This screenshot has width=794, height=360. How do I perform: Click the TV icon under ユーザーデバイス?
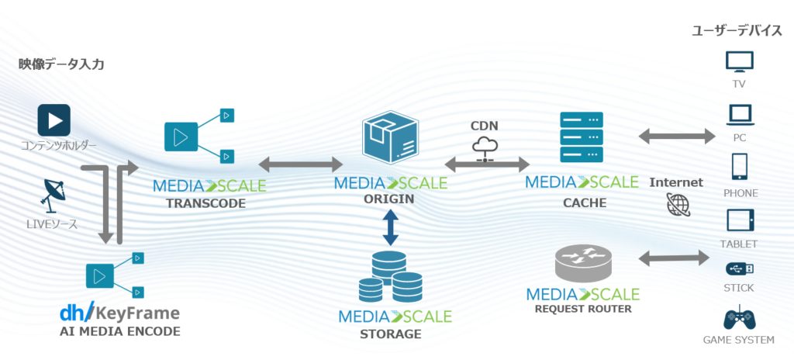point(739,62)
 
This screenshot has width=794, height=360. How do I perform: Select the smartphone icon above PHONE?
point(739,168)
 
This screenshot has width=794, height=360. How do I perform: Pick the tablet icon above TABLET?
point(739,220)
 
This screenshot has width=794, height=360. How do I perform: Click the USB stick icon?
point(739,268)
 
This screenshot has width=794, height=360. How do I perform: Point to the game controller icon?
point(739,318)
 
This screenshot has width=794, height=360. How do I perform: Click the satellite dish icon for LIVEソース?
point(54,193)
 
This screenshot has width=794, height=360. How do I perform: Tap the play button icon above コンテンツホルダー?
point(54,120)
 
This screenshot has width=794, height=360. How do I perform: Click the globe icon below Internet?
point(676,204)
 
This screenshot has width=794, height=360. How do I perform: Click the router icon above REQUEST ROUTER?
point(582,261)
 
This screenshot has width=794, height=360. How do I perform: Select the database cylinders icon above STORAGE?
point(391,278)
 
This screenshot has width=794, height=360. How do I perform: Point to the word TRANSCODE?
point(205,204)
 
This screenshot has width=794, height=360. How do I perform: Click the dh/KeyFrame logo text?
point(119,313)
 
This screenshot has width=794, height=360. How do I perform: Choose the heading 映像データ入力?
point(61,64)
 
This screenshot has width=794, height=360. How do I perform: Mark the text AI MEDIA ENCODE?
point(119,332)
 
